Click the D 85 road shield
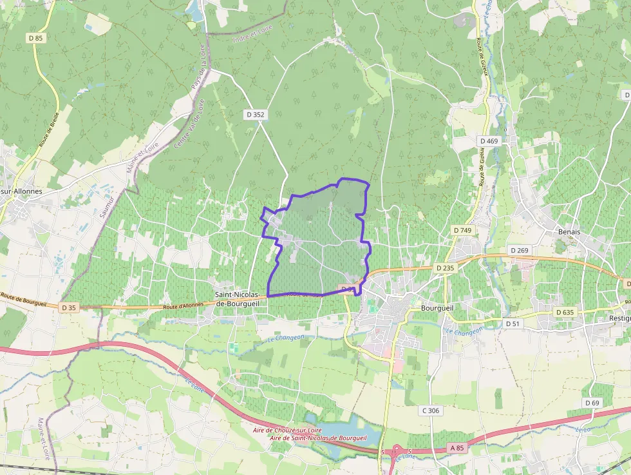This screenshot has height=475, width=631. pos(36,39)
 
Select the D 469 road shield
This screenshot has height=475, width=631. pos(489,141)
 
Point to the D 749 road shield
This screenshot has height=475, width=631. pos(462,230)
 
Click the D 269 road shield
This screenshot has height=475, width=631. pos(519,250)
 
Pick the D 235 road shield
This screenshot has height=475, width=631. pos(445,267)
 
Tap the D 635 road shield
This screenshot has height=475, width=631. pos(564,312)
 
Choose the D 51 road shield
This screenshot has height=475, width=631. pos(513,324)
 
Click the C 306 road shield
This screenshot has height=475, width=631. pos(431,411)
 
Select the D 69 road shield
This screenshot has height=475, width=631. pos(592,403)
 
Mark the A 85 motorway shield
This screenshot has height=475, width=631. pos(457,448)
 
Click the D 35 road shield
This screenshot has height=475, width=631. pos(69,308)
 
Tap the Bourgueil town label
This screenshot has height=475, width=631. pos(438,308)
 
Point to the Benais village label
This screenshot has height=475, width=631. pos(569,231)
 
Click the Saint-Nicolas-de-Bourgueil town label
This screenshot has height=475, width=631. pos(237,298)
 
